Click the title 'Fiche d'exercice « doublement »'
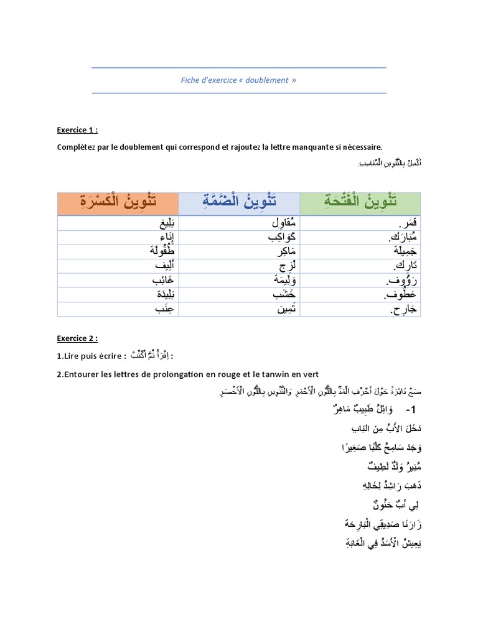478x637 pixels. (x=238, y=80)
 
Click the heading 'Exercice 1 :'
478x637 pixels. (x=77, y=130)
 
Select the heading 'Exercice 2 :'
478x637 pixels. (x=77, y=338)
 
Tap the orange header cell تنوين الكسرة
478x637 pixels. (x=118, y=202)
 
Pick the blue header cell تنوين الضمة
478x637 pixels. (x=239, y=202)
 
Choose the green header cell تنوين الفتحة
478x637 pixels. (x=360, y=202)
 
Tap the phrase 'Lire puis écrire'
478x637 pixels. (x=94, y=356)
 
